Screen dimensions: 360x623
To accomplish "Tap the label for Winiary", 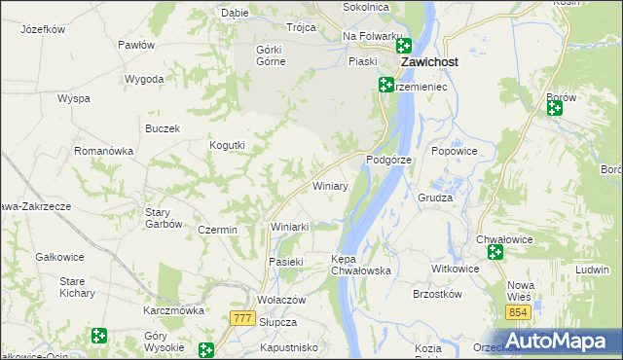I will click(329, 185).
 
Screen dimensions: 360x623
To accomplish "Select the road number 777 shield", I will click(244, 318).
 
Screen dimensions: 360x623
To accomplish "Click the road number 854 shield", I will click(518, 311).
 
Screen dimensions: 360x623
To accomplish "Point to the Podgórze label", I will click(389, 159).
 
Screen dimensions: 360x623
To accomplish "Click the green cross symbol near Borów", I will click(555, 109).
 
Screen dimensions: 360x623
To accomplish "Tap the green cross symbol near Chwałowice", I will click(495, 253).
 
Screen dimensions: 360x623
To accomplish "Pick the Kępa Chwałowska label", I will click(360, 265).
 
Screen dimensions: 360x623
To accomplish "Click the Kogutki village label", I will click(227, 145).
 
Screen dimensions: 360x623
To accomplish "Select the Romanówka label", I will click(103, 151).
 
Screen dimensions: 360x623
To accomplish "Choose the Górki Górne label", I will click(270, 55).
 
